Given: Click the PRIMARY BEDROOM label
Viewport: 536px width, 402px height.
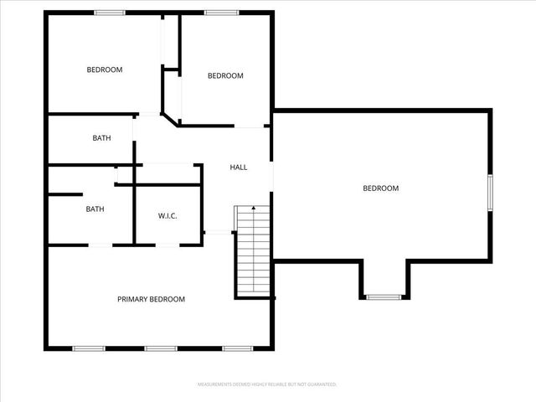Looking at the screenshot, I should pyautogui.click(x=151, y=299).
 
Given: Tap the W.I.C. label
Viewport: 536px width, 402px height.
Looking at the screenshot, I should pyautogui.click(x=167, y=215).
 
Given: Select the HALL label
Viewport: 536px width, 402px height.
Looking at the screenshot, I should pyautogui.click(x=239, y=167).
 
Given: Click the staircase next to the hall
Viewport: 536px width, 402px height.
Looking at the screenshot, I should pyautogui.click(x=252, y=251).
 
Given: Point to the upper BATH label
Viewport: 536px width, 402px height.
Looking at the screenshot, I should pyautogui.click(x=101, y=138).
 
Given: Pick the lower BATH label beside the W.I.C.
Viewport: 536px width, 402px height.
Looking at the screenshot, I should pyautogui.click(x=95, y=209).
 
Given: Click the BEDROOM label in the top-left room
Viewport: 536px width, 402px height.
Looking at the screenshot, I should pyautogui.click(x=105, y=70).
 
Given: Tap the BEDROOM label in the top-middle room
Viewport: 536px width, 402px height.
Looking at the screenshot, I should pyautogui.click(x=225, y=76).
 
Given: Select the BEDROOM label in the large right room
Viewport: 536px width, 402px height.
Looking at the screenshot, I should pyautogui.click(x=380, y=188).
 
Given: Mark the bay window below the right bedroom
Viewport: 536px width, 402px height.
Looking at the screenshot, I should pyautogui.click(x=384, y=296).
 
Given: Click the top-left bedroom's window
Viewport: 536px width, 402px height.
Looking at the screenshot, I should pyautogui.click(x=109, y=13).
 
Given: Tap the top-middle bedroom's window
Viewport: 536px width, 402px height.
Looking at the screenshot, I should pyautogui.click(x=220, y=13).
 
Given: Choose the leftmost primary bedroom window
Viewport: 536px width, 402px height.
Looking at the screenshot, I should pyautogui.click(x=87, y=348).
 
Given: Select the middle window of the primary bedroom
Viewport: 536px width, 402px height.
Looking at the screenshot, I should pyautogui.click(x=159, y=348).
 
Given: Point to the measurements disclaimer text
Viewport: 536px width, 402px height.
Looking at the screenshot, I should pyautogui.click(x=267, y=384).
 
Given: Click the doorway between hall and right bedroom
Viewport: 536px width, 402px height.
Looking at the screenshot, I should pyautogui.click(x=271, y=172).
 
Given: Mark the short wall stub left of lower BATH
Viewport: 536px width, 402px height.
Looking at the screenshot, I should pyautogui.click(x=58, y=196).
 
